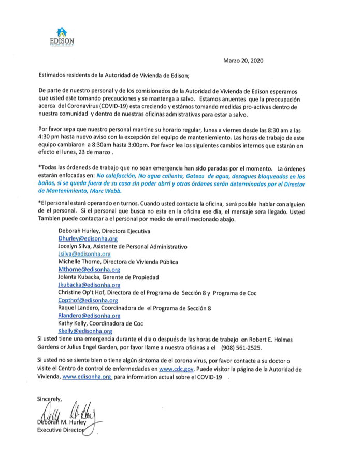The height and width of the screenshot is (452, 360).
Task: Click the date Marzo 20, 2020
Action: point(243,61)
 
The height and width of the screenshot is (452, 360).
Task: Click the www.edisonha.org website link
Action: point(87,377)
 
